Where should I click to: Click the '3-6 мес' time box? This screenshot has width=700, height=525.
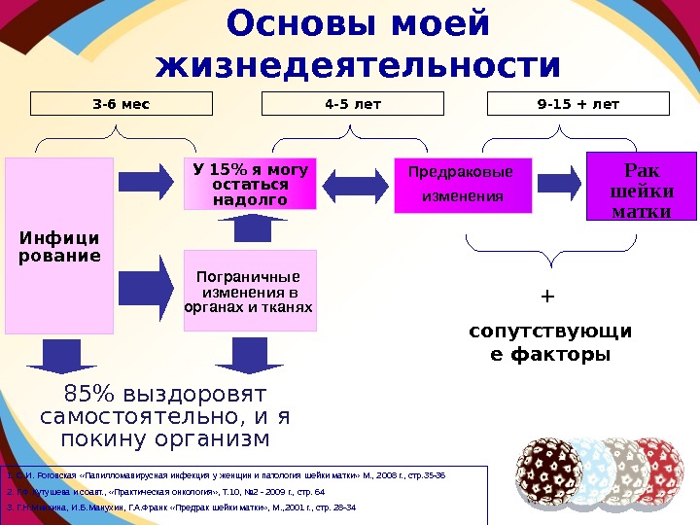tap(122, 104)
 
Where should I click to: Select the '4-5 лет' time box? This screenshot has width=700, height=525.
tap(352, 104)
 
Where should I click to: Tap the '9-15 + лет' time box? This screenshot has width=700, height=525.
tap(577, 104)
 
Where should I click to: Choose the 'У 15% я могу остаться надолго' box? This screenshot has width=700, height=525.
tap(250, 184)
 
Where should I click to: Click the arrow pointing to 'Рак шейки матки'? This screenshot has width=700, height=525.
tap(559, 182)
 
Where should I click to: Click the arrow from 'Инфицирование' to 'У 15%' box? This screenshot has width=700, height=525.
tap(145, 182)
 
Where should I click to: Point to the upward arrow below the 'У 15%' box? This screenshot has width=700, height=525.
tap(250, 227)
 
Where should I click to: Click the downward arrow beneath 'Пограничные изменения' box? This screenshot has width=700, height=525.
tap(250, 355)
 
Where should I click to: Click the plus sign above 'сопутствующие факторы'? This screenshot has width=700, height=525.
tap(546, 295)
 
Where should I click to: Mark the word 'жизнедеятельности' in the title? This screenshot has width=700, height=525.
tap(359, 65)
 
